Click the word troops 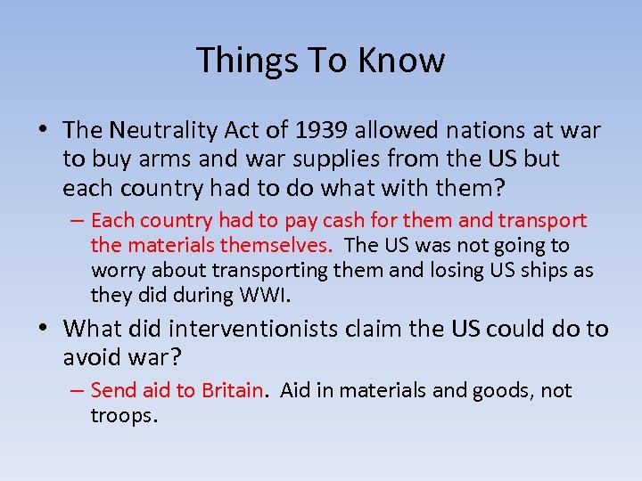123,415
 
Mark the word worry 117,270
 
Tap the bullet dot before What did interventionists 43,329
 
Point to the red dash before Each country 74,220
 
